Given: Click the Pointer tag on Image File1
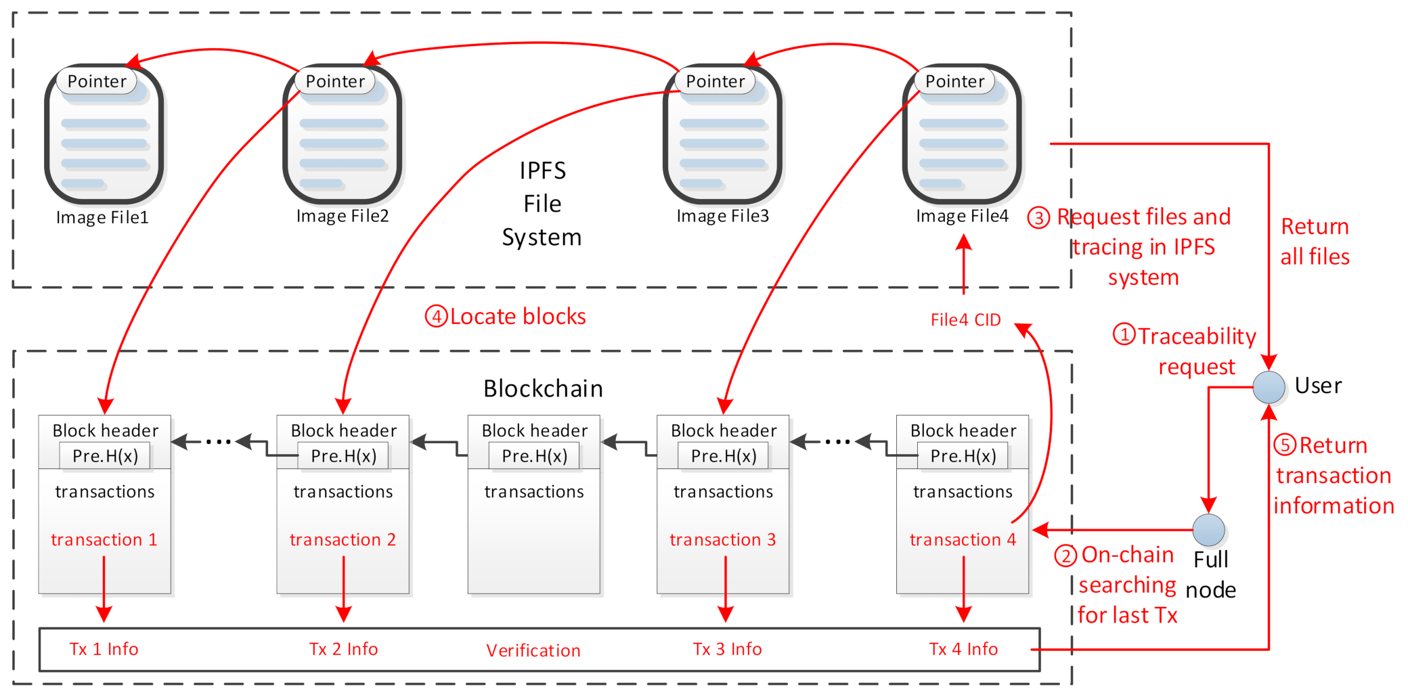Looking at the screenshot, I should (97, 81).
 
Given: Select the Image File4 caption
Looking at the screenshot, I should (962, 216).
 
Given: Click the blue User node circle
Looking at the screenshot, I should (1269, 387).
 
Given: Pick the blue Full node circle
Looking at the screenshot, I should (1208, 530).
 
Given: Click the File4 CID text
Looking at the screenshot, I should (965, 320).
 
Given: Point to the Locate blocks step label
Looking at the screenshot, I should (517, 317).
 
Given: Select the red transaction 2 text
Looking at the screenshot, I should (343, 539).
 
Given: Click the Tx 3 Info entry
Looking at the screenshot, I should (727, 649).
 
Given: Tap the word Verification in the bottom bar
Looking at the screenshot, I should (533, 650).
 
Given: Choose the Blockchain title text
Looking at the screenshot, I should (543, 388).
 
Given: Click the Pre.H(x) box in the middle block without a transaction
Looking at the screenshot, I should (534, 456).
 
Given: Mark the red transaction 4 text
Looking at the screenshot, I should (963, 539).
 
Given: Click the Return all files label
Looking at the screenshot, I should (1315, 242).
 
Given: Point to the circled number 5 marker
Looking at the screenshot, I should (1285, 445).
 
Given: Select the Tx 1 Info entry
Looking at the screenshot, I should (104, 649).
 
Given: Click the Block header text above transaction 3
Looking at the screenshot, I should (724, 430).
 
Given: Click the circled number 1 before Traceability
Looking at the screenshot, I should (1124, 334).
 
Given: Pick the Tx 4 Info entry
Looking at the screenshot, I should (963, 649).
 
